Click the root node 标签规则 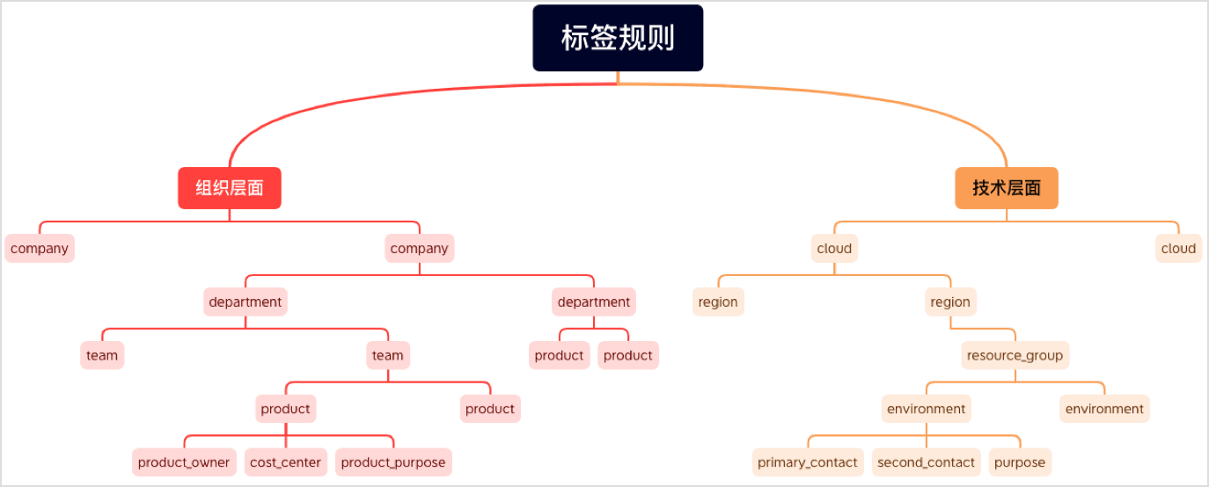coord(618,38)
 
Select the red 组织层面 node coord(230,188)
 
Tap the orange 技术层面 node coord(1007,188)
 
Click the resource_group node coord(1015,356)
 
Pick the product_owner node coord(184,462)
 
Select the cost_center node coord(285,462)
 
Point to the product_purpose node coord(393,462)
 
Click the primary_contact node coord(808,462)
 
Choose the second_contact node coord(927,462)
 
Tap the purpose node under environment coord(1020,462)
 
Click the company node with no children coord(40,249)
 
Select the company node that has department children coord(419,249)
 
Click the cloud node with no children coord(1178,249)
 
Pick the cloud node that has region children coord(834,249)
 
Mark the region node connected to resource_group coord(950,302)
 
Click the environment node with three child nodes coord(926,409)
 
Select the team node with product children coord(387,356)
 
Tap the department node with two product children coord(594,302)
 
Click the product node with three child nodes coord(285,409)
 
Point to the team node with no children coord(102,356)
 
